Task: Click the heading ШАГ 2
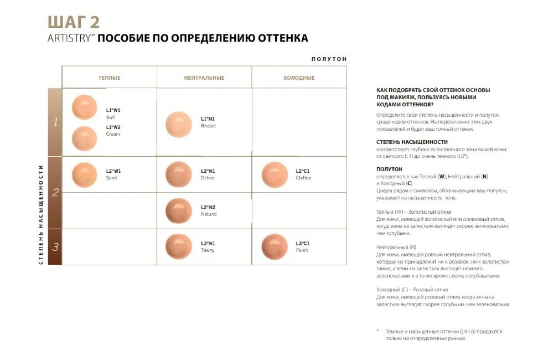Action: click(74, 22)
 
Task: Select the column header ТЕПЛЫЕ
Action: click(109, 78)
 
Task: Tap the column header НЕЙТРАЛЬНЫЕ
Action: click(204, 78)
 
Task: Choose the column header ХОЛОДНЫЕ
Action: click(299, 78)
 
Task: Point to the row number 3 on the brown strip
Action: click(55, 247)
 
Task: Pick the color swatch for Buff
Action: click(85, 107)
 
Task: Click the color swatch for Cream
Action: click(85, 138)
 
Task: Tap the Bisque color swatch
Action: click(178, 124)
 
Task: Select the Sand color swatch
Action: click(85, 174)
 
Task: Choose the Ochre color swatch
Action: click(178, 174)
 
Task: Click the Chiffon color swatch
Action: click(275, 174)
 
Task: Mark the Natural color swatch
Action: click(178, 210)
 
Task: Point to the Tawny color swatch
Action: click(178, 246)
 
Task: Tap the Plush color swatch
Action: click(275, 246)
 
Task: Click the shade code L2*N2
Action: click(208, 207)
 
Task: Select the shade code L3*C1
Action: click(303, 243)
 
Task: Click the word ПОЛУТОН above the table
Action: click(329, 59)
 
